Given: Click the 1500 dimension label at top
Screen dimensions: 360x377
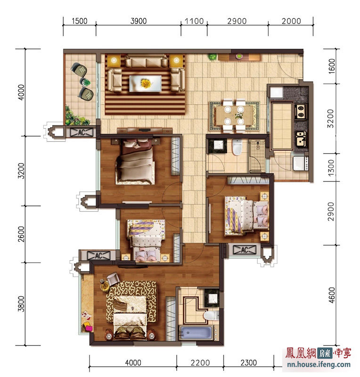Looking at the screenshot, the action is (x=79, y=21).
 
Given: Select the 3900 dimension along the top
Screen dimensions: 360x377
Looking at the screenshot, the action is (x=139, y=21).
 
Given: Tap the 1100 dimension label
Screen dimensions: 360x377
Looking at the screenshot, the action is (x=194, y=21).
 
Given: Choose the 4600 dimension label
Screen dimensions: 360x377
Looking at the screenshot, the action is (x=331, y=295).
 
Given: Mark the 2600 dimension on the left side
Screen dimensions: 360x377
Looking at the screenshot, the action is (x=21, y=234).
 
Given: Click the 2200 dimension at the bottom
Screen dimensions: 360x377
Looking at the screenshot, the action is (x=200, y=362).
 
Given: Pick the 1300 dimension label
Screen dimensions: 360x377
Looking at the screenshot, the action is (x=331, y=168).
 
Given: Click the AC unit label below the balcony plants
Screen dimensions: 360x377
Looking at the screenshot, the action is (x=82, y=132).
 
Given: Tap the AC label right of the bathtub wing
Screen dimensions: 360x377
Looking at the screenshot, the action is (x=244, y=250).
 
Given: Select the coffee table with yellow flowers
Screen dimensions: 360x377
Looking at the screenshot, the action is (x=145, y=83).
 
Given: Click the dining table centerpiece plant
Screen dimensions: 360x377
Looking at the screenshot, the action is (x=239, y=116).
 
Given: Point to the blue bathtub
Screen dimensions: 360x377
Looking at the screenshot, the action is (x=196, y=333).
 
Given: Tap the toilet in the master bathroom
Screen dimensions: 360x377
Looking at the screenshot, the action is (x=211, y=315).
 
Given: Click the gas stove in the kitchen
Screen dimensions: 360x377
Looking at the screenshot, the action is (x=301, y=111).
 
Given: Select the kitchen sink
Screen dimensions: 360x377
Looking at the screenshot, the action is (x=301, y=139).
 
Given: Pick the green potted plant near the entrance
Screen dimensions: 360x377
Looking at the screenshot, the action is (x=212, y=57).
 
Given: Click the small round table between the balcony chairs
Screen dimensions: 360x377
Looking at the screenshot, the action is (x=85, y=82).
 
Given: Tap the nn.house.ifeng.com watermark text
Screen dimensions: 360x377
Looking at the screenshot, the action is (x=319, y=365).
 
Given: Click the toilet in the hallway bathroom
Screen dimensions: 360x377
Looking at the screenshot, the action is (x=237, y=147).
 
